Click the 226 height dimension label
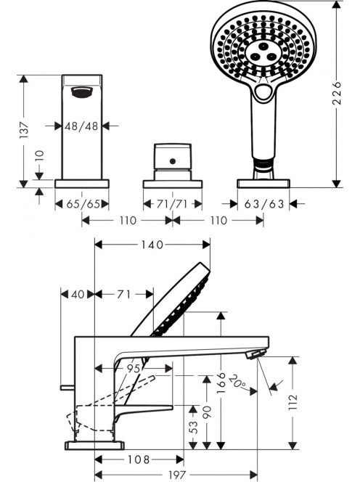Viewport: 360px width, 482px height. pos(337,92)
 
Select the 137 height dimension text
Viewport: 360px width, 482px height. pos(24,130)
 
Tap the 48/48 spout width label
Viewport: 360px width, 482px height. pos(81,126)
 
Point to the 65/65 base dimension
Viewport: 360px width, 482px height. pos(82,204)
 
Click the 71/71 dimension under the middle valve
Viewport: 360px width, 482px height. pos(172,204)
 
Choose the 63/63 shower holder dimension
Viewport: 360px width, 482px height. pos(264,204)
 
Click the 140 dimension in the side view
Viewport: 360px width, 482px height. pos(152,245)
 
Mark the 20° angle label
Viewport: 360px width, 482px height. pos(238,381)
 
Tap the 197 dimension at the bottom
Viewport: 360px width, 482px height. pos(177,475)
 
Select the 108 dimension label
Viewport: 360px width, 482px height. pos(139,459)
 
